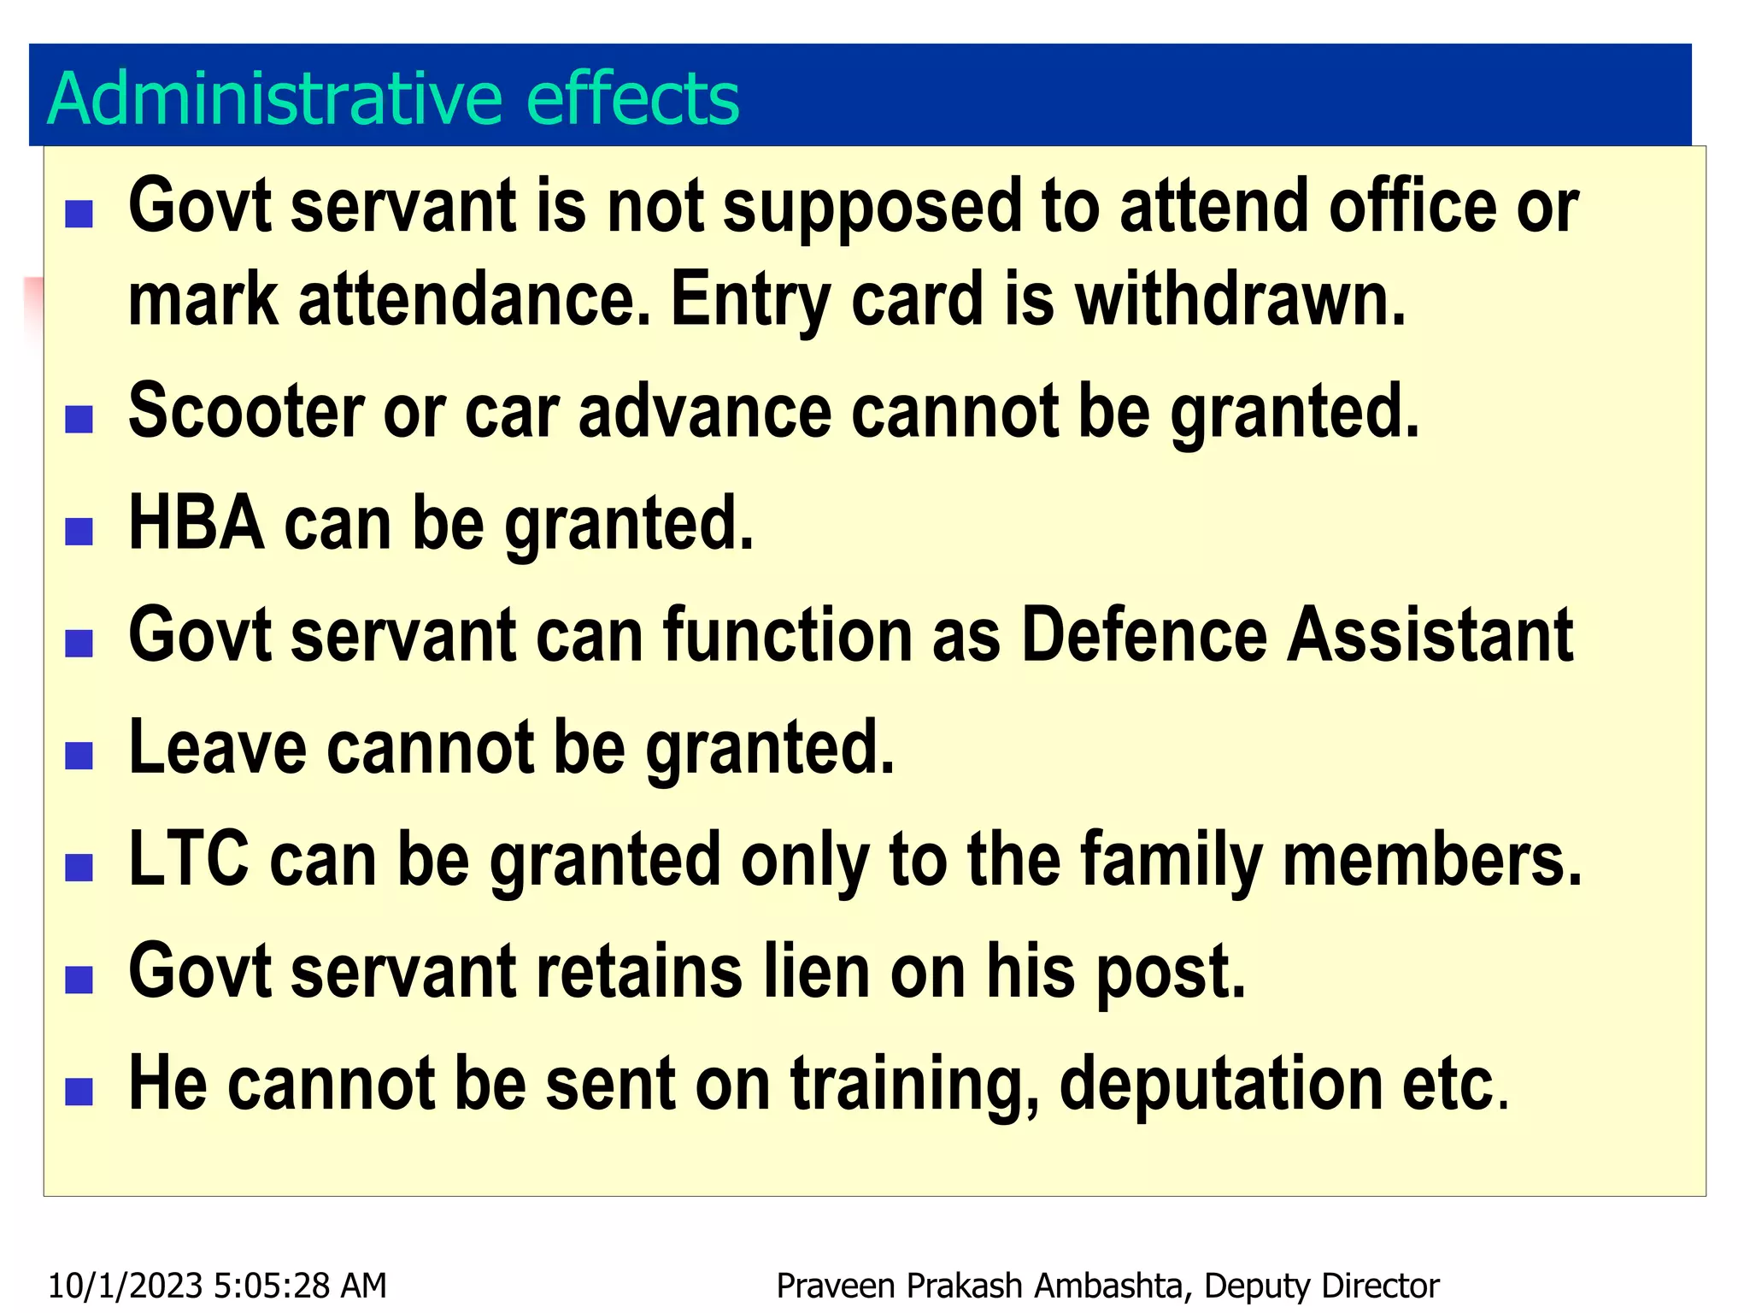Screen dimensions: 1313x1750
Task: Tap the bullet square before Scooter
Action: (79, 420)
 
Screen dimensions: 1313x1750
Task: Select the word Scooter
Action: (245, 411)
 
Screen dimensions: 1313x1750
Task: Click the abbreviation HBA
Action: (196, 522)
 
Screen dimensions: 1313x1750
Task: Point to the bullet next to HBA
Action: (79, 532)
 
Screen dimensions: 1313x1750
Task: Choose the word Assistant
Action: (1430, 634)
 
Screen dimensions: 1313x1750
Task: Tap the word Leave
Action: (217, 747)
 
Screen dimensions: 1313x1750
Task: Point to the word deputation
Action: (1221, 1084)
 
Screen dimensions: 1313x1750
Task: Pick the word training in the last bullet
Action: (913, 1084)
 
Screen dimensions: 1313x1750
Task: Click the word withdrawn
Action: (1240, 299)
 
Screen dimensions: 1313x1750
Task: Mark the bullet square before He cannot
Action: (79, 1092)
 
